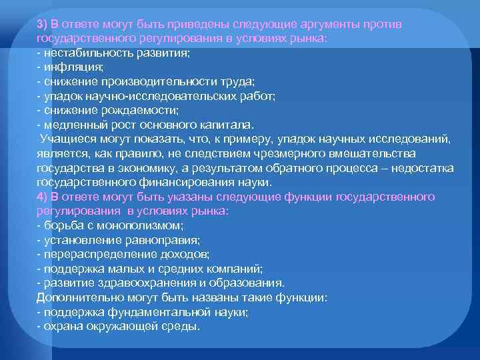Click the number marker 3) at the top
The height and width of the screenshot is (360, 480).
point(43,23)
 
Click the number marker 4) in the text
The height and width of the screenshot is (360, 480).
point(43,197)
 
